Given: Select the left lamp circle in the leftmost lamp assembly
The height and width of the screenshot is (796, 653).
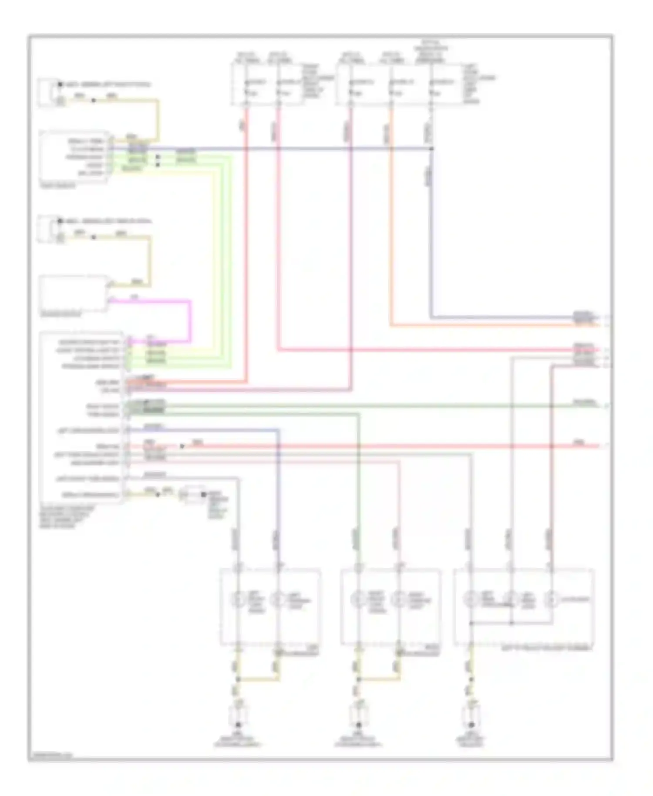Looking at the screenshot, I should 238,600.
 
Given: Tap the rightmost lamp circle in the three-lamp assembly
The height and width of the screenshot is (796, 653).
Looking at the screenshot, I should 551,600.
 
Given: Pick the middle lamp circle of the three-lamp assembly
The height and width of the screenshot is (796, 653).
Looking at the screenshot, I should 512,600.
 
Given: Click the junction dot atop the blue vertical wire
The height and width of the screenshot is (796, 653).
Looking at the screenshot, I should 432,149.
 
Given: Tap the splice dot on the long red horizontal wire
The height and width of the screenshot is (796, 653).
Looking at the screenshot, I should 182,446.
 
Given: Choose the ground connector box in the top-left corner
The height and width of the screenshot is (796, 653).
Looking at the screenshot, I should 49,92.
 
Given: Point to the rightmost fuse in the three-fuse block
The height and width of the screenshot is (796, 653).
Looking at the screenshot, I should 431,87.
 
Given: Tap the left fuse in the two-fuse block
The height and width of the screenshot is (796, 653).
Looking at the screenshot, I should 247,87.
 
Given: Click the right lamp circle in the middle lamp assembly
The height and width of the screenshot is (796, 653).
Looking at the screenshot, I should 398,600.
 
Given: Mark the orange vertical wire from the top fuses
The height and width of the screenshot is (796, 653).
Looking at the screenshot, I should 391,218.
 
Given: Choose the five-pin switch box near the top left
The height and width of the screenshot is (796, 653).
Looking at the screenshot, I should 74,156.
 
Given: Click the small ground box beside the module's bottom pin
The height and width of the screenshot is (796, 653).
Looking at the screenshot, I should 194,495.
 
